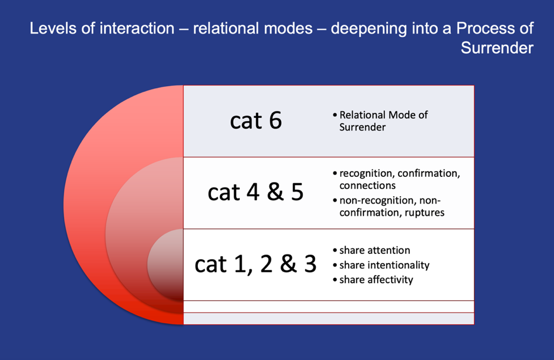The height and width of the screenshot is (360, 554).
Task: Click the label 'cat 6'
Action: coord(256,121)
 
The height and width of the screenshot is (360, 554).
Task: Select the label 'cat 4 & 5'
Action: coord(255,193)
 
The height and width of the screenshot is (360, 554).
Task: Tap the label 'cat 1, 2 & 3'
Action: coord(255,264)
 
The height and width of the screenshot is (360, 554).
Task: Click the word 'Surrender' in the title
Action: coord(497,48)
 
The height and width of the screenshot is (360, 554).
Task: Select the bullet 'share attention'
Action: coord(374,250)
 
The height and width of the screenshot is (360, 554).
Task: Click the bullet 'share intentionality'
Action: coord(384,265)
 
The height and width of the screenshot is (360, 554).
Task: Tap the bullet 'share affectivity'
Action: coord(377,280)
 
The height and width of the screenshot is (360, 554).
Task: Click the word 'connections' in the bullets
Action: coord(367,185)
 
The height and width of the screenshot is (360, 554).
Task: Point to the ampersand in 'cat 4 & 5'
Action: coord(275,192)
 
